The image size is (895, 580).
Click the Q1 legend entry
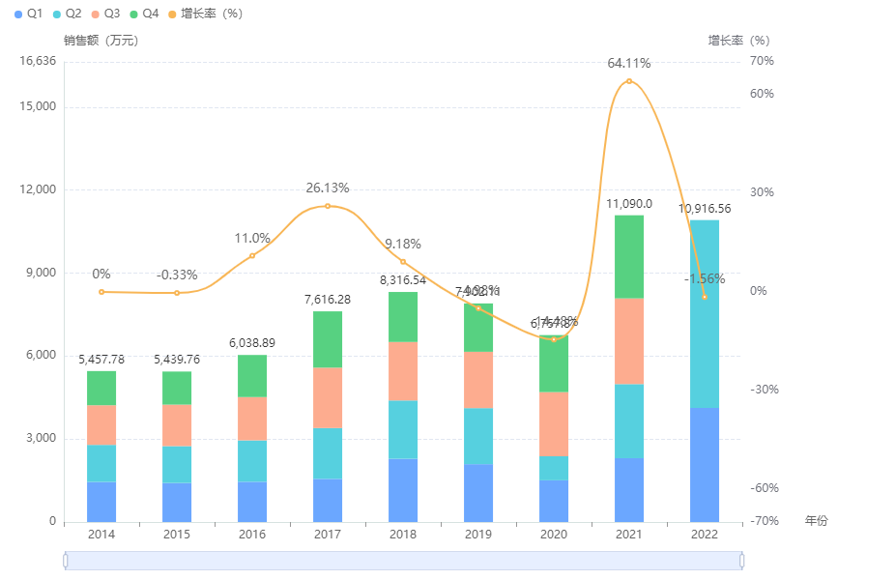pos(28,14)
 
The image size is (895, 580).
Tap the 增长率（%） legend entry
pos(206,14)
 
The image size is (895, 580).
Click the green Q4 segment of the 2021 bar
pos(629,256)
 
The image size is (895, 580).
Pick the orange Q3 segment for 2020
pos(554,423)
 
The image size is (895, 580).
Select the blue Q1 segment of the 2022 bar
pos(705,464)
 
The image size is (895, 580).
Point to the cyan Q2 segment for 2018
pos(403,429)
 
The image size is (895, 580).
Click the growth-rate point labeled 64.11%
pos(629,81)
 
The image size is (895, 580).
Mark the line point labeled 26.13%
pos(328,206)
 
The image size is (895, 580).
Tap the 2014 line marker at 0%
pos(101,292)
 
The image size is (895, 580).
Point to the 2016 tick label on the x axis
pos(252,535)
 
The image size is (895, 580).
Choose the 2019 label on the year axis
pos(478,535)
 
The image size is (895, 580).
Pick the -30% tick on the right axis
pos(763,390)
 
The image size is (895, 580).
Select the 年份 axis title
pos(817,521)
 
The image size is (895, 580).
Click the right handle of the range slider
pos(742,561)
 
